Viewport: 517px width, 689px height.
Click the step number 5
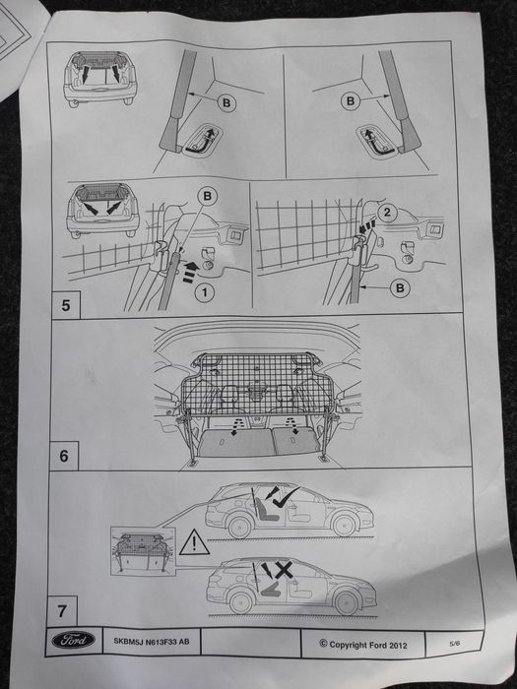66,305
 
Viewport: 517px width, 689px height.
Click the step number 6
64,457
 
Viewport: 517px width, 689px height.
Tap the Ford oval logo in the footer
72,640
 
